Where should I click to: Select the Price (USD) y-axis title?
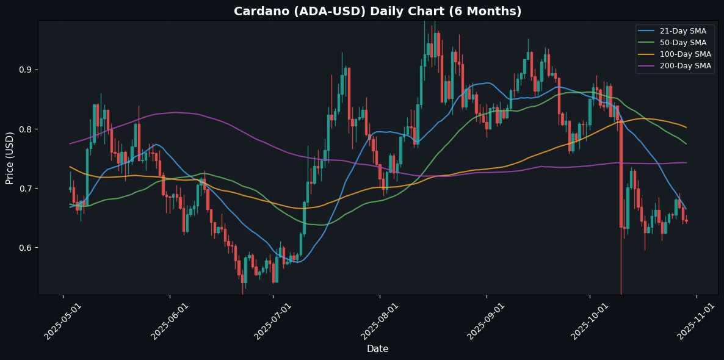(x=10, y=157)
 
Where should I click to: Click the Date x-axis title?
(x=377, y=349)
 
